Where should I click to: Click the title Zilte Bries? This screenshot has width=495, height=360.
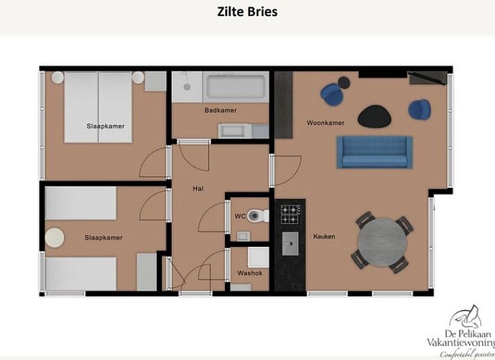(x=247, y=12)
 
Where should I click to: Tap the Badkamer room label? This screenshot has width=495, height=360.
(x=220, y=110)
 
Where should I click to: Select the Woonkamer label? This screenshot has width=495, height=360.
(x=326, y=123)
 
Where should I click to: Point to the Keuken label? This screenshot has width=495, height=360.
(x=324, y=237)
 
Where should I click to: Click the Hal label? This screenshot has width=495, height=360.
(x=198, y=189)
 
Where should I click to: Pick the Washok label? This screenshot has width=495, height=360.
(x=250, y=273)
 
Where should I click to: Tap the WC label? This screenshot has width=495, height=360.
(x=240, y=216)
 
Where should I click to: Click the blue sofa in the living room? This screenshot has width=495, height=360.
(x=374, y=152)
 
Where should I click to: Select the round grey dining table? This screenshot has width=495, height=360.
(x=383, y=242)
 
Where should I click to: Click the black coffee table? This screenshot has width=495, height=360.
(x=374, y=117)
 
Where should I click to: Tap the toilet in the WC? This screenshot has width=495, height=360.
(x=258, y=216)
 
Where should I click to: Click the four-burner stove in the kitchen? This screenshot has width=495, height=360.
(x=290, y=214)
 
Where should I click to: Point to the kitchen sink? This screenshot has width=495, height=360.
(x=290, y=243)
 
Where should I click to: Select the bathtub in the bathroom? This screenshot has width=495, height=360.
(x=236, y=87)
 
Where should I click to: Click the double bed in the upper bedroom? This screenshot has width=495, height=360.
(x=98, y=108)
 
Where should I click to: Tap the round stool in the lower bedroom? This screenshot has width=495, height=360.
(x=54, y=238)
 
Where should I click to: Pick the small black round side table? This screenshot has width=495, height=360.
(x=344, y=83)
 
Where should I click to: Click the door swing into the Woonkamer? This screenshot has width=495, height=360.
(x=287, y=171)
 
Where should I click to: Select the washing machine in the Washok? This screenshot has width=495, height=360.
(x=258, y=257)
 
